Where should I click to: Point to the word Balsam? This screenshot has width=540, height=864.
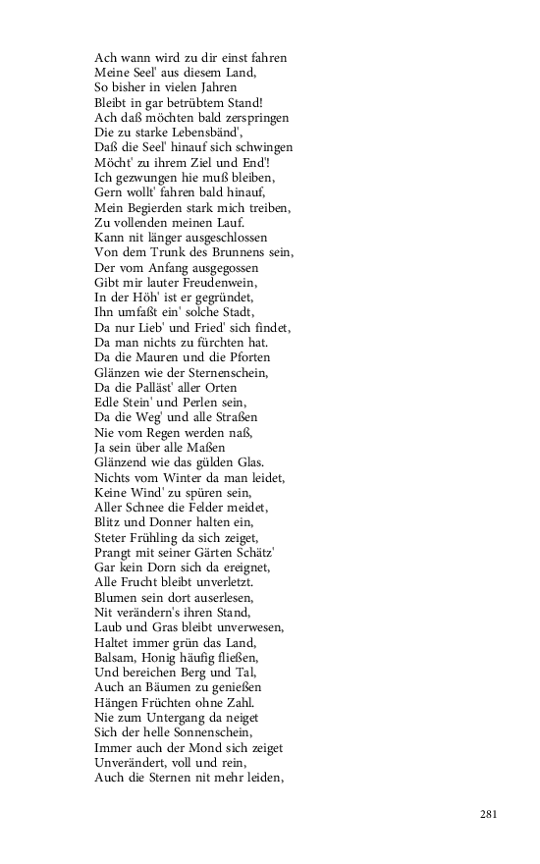(115, 657)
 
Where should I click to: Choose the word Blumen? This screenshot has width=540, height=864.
(118, 597)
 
